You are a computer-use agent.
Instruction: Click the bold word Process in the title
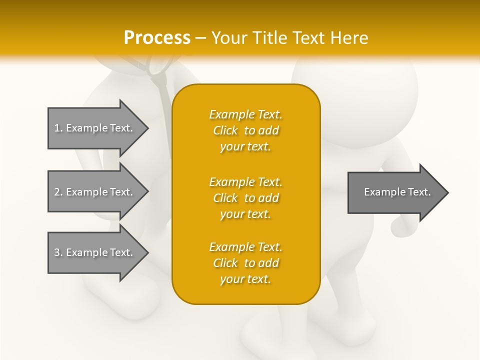pos(157,38)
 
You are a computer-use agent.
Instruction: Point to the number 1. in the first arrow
pos(58,128)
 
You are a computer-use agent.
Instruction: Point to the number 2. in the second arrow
pos(58,192)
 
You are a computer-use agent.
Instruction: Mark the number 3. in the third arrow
pos(58,252)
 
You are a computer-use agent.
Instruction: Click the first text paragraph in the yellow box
pos(245,130)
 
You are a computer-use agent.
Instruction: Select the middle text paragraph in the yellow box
pos(245,198)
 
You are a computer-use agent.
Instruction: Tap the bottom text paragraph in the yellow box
pos(245,263)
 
